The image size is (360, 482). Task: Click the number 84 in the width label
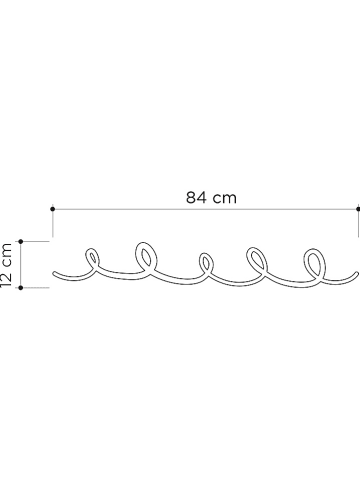(x=196, y=196)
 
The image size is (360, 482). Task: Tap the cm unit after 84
(x=225, y=196)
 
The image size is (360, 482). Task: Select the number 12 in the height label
(x=7, y=278)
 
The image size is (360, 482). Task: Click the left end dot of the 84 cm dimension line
(x=51, y=208)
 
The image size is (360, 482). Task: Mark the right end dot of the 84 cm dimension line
(x=357, y=208)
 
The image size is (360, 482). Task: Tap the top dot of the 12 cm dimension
(x=21, y=241)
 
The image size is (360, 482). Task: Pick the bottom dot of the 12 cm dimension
(x=21, y=288)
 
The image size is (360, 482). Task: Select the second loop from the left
(x=146, y=255)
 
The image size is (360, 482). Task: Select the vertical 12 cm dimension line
(x=21, y=265)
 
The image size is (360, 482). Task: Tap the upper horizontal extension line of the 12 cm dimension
(x=36, y=241)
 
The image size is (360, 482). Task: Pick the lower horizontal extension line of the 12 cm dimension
(x=36, y=288)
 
